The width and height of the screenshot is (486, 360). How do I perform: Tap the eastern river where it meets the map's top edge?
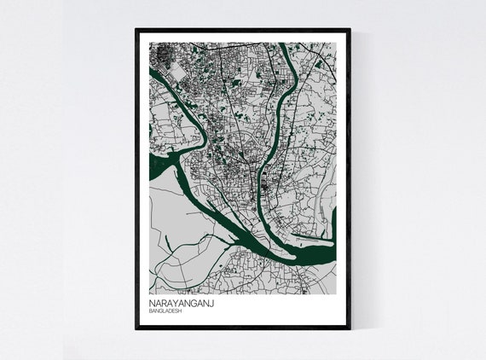pos(282,45)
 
